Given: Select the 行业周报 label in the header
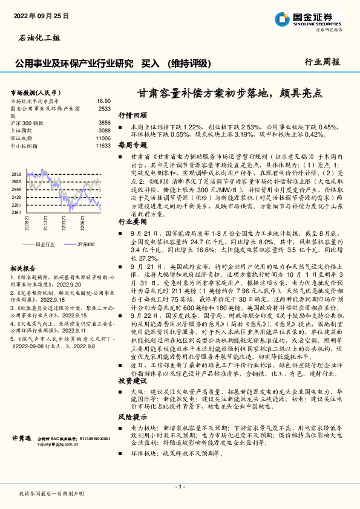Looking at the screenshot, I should tap(322, 62).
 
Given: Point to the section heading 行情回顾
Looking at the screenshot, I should tap(132, 114).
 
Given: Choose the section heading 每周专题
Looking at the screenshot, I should tap(132, 145).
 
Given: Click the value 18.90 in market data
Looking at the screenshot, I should tap(103, 101).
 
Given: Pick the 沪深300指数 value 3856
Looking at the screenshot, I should tap(105, 123).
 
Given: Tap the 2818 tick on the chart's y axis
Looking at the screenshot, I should tap(17, 174).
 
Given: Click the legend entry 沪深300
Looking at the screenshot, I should tap(85, 227).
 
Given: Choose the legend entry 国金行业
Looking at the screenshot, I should tap(46, 227).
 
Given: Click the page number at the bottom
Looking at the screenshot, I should tap(180, 487).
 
